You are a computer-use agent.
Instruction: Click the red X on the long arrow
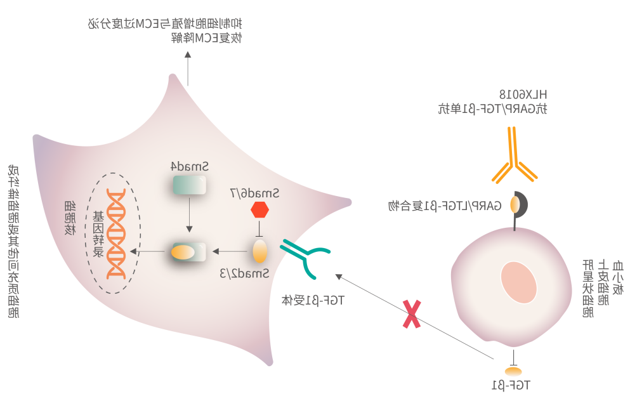pos(412,314)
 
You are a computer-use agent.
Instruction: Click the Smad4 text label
pos(190,167)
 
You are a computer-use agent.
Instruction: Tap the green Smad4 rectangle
pos(189,185)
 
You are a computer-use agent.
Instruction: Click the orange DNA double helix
pos(116,233)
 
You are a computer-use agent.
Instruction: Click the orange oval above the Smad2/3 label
pos(260,251)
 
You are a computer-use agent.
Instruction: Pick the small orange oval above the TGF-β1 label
pos(513,371)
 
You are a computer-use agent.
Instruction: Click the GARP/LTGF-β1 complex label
pos(444,205)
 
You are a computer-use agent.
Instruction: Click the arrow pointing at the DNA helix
pos(145,252)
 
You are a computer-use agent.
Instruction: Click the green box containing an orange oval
pos(188,252)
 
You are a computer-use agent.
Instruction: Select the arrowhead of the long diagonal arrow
pos(339,277)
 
